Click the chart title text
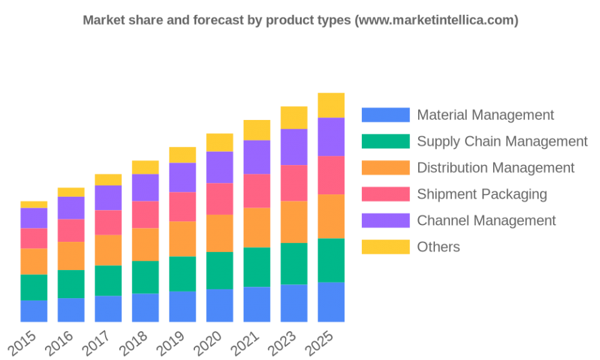click(300, 21)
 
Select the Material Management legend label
click(486, 115)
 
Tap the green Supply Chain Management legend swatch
click(386, 141)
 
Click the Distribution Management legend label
click(496, 167)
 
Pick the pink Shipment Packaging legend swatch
click(386, 194)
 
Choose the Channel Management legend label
click(486, 221)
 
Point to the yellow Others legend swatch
click(386, 247)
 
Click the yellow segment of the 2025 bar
click(331, 104)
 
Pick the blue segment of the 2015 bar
click(34, 311)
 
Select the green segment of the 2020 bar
click(219, 271)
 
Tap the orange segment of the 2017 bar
click(108, 250)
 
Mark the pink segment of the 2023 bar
click(294, 182)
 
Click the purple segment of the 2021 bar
click(257, 157)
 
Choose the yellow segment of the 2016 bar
click(71, 192)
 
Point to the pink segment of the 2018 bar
click(146, 214)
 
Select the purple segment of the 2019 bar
click(182, 177)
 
